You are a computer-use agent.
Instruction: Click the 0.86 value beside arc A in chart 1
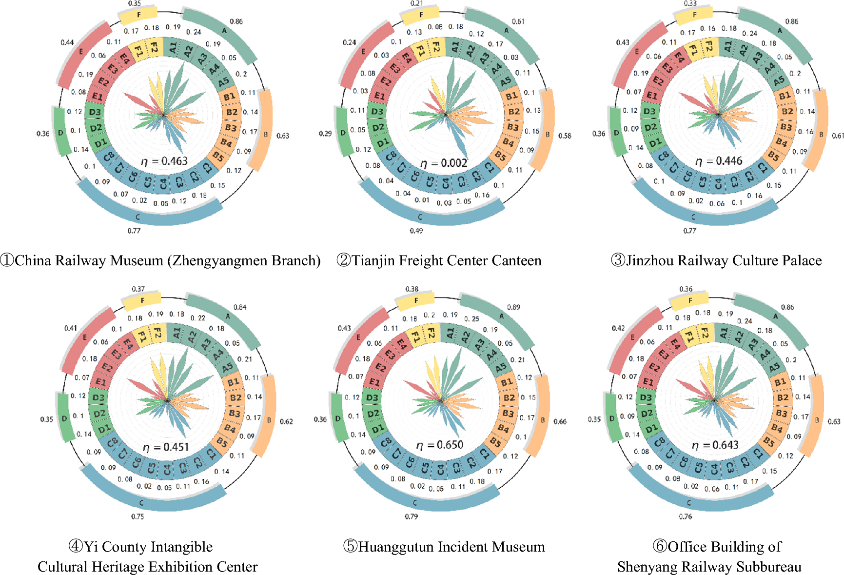click(236, 21)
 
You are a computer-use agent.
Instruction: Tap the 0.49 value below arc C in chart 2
click(416, 231)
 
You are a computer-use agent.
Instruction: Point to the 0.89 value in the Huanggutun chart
click(513, 307)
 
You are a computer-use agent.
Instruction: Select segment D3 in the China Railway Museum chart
click(95, 112)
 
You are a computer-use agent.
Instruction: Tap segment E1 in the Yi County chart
click(101, 382)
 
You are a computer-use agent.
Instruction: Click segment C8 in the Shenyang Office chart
click(659, 442)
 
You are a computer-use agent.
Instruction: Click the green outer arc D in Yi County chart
click(64, 417)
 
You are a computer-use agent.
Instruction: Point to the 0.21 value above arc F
click(417, 3)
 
